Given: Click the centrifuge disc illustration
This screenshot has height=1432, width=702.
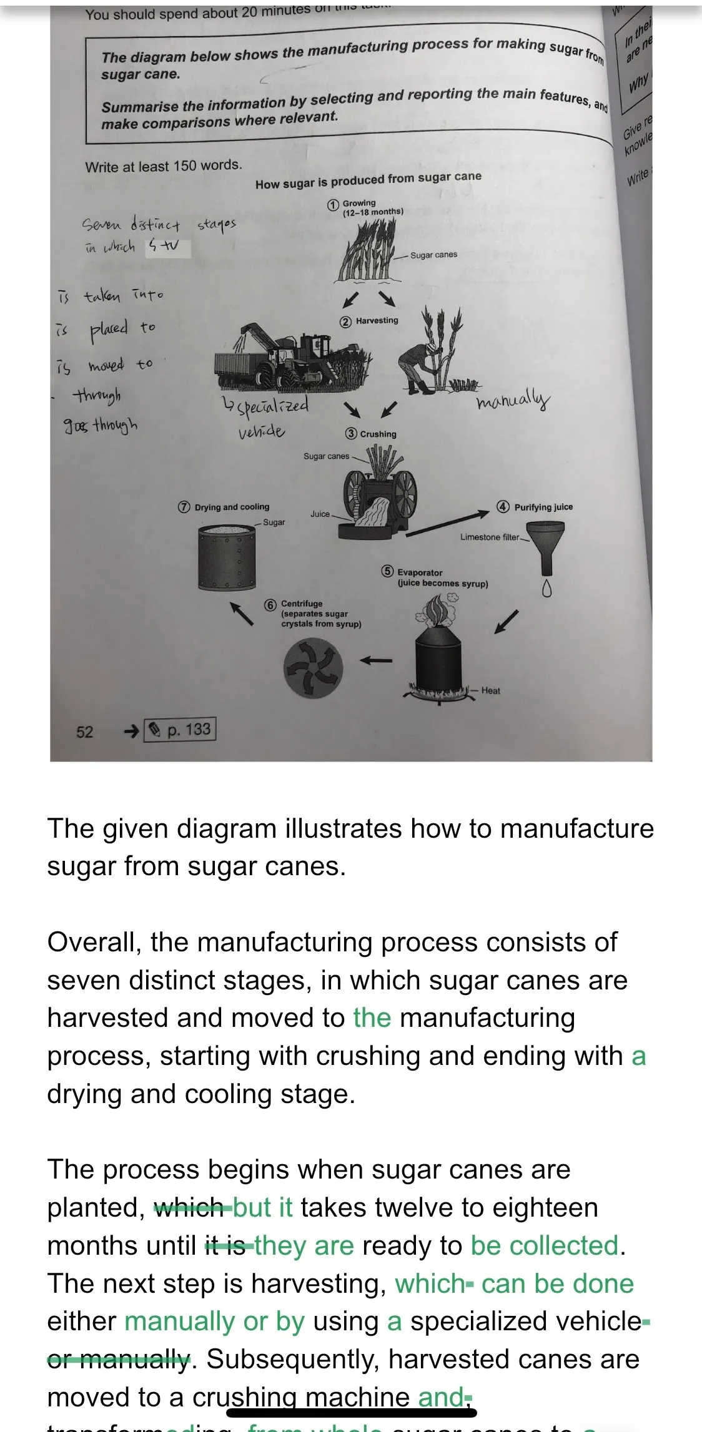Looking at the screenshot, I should pos(313,669).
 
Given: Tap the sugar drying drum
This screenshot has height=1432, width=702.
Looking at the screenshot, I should pos(226,557).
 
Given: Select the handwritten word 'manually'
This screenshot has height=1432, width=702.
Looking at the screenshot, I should pos(513,400).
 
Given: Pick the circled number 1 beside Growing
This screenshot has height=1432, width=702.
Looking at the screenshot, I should pos(333,205).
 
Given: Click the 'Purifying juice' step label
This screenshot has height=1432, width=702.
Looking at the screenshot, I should pos(543,507).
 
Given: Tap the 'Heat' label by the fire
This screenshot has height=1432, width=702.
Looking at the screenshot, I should pos(490,690).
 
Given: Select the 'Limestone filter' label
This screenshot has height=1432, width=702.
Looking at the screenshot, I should pos(490,537).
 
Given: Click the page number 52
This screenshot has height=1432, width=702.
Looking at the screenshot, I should pos(84,732).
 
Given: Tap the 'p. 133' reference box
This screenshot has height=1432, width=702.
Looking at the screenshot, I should pos(180,729).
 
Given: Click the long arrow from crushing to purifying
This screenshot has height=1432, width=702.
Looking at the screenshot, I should pos(447,522).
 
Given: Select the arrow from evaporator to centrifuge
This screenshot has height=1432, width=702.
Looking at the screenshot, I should pos(377,660).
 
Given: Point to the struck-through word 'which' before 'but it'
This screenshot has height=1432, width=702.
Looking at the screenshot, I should pos(189,1207).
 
